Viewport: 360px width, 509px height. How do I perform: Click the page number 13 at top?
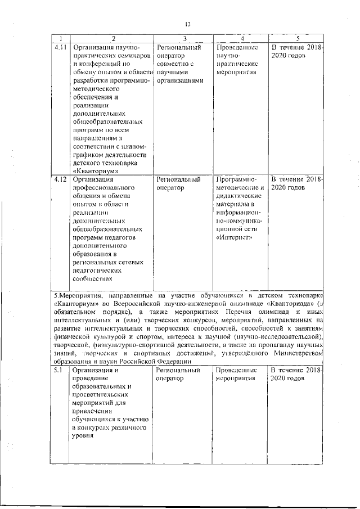[x=188, y=24]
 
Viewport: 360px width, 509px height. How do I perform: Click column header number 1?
[x=58, y=38]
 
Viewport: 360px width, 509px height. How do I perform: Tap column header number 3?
[x=183, y=38]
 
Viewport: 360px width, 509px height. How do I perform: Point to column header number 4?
[x=240, y=38]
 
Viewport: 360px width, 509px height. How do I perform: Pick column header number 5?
[x=296, y=38]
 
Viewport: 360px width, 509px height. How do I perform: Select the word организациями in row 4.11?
[x=179, y=81]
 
